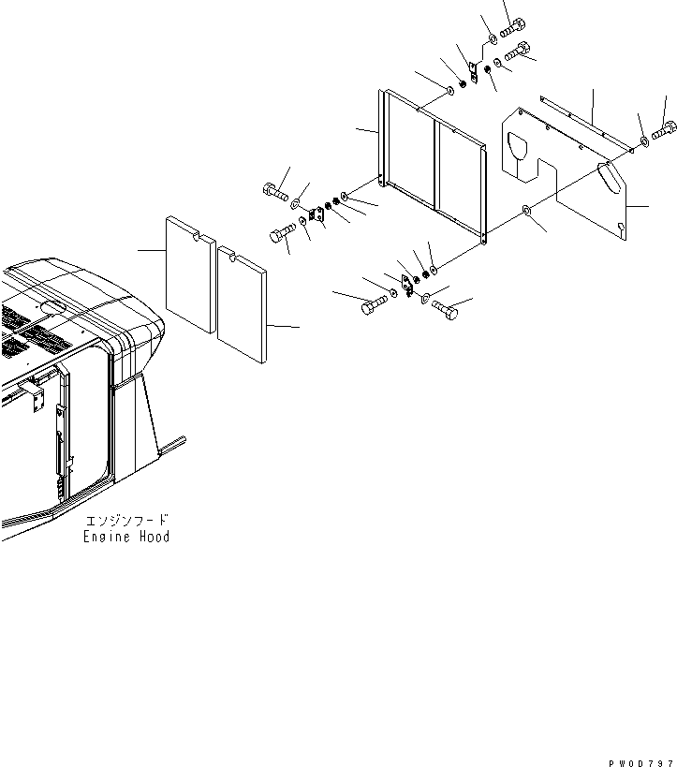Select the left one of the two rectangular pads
190,274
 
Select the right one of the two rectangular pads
242,303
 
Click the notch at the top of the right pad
228,252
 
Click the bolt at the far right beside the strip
663,133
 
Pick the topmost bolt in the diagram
515,29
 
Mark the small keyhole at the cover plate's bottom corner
622,225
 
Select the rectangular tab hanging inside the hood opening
38,400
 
